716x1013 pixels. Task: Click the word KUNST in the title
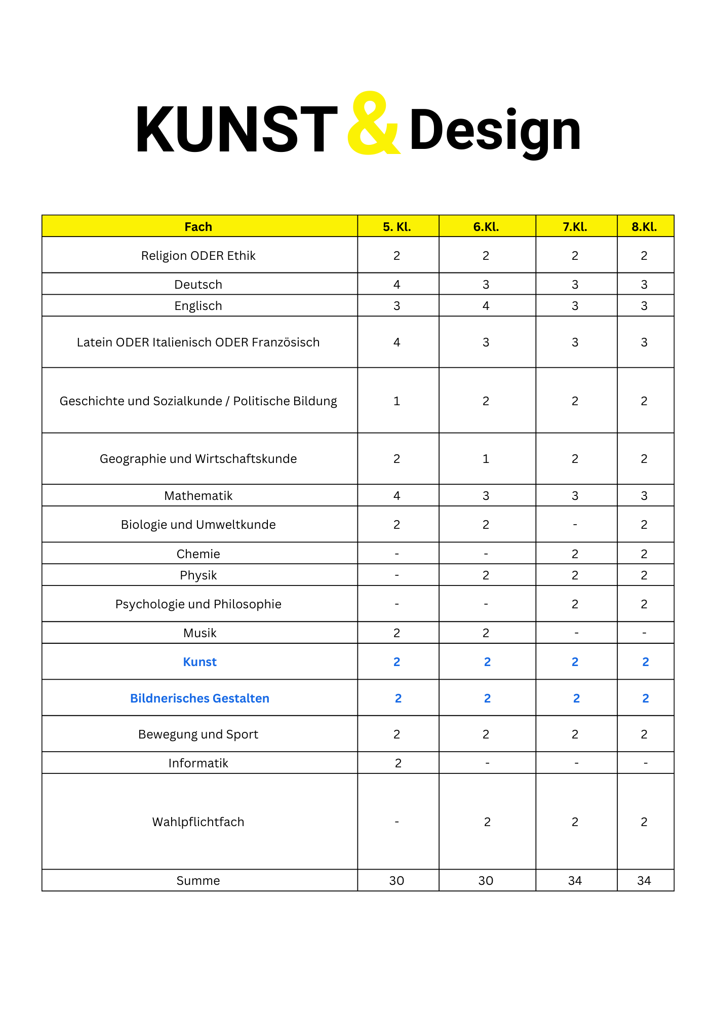pos(236,130)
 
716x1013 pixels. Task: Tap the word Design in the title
pos(495,131)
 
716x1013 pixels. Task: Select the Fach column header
pos(198,227)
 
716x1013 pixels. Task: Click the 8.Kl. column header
pos(644,227)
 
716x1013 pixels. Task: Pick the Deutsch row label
pos(198,285)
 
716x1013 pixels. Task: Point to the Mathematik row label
pos(198,496)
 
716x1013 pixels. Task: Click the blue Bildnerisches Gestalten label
pos(200,698)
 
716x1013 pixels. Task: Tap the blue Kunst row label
pos(200,662)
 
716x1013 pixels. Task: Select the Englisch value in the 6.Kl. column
pos(486,306)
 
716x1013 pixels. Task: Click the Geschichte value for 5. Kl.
pos(397,401)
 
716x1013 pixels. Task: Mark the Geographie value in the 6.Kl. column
pos(486,459)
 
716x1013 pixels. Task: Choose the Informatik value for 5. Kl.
pos(398,763)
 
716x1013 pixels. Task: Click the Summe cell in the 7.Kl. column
pos(575,881)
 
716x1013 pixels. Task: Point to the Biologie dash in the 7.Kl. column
pos(575,525)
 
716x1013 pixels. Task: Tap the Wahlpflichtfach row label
pos(198,822)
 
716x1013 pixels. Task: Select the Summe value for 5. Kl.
pos(397,881)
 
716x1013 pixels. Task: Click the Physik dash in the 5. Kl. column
pos(397,575)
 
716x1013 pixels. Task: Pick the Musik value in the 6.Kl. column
pos(486,633)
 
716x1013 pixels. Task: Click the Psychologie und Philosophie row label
pos(198,604)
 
